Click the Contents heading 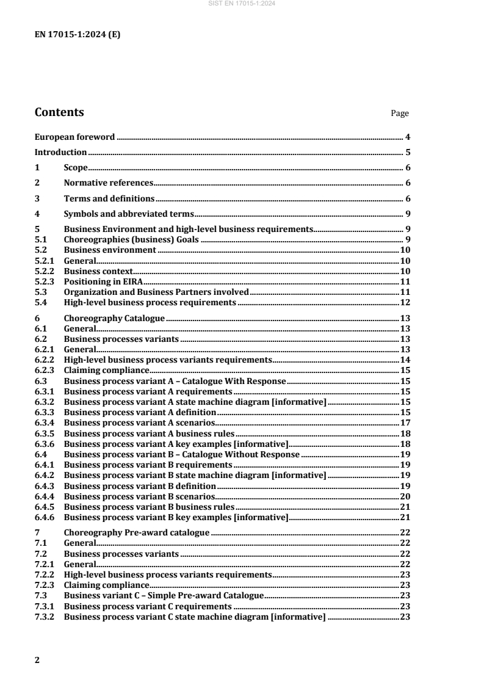(x=59, y=112)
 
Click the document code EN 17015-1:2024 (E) (x=78, y=35)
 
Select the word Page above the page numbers (x=400, y=114)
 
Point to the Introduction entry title (x=60, y=152)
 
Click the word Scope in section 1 (x=76, y=167)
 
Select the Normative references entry (x=108, y=183)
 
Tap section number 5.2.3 (x=45, y=281)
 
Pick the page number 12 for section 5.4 (x=404, y=303)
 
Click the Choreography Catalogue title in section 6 (x=114, y=318)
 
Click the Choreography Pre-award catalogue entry (x=137, y=532)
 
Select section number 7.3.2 (x=45, y=616)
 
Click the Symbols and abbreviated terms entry (x=129, y=213)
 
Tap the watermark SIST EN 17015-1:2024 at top (x=242, y=4)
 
